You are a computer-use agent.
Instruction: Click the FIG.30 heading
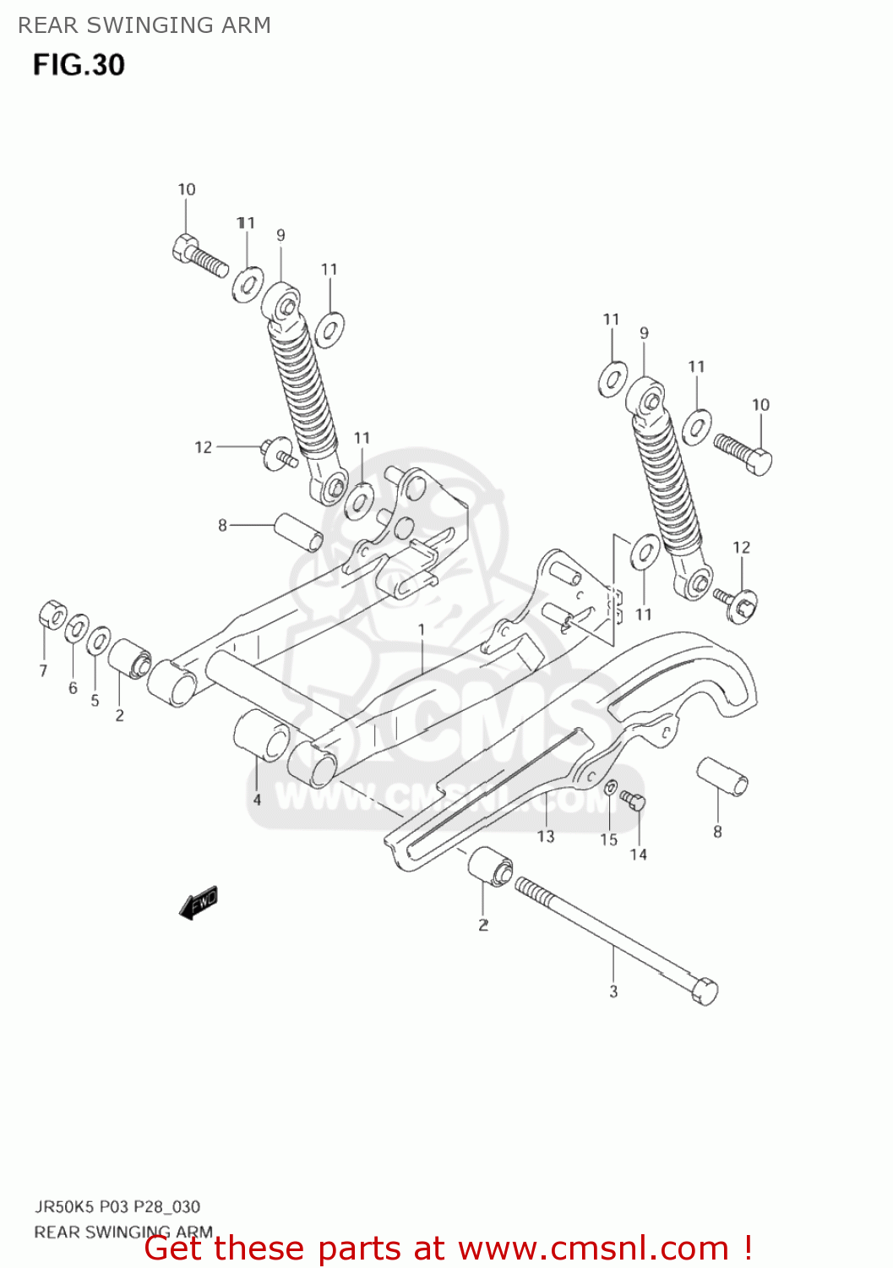point(79,65)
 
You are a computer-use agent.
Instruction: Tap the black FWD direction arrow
point(199,903)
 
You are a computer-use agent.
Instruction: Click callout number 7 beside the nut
point(43,671)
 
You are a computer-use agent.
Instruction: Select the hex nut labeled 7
point(52,615)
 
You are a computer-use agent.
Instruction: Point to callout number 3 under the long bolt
point(613,992)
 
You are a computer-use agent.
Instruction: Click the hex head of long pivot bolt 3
point(704,990)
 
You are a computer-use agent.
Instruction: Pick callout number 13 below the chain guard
point(546,836)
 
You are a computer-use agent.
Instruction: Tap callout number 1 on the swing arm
point(422,630)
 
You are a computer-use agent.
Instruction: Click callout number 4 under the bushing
point(257,799)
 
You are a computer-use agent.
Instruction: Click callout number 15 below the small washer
point(609,839)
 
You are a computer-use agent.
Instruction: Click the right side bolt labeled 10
point(744,453)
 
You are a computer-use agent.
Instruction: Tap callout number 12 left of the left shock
point(203,447)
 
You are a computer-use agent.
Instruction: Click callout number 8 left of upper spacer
point(222,525)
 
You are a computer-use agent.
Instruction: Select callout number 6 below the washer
point(73,688)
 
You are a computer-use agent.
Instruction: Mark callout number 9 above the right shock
point(644,333)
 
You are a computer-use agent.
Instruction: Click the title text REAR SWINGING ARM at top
point(144,25)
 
